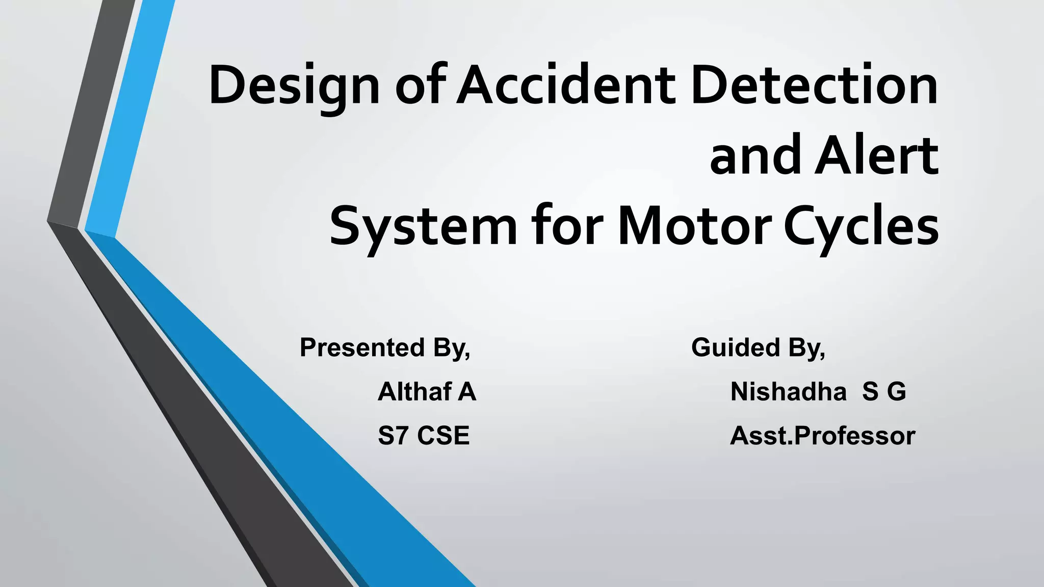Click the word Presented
[x=362, y=348]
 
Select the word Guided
[x=736, y=348]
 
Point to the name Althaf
[x=414, y=392]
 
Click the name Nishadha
[x=788, y=392]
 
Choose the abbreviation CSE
[x=443, y=436]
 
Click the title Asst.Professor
[x=822, y=436]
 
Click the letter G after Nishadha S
[x=896, y=392]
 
